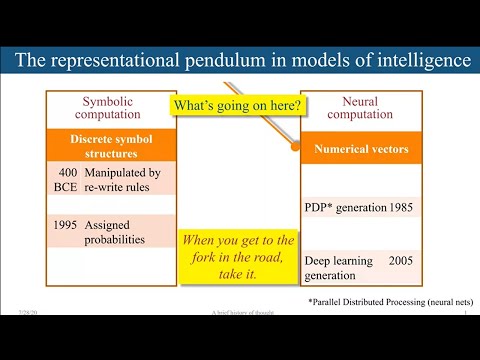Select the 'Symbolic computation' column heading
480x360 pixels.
pos(111,108)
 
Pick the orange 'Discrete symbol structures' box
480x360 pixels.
pos(111,146)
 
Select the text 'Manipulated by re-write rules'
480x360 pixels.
pos(123,179)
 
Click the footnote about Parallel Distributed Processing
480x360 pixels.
pos(390,301)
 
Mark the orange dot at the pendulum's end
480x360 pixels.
pos(296,146)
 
